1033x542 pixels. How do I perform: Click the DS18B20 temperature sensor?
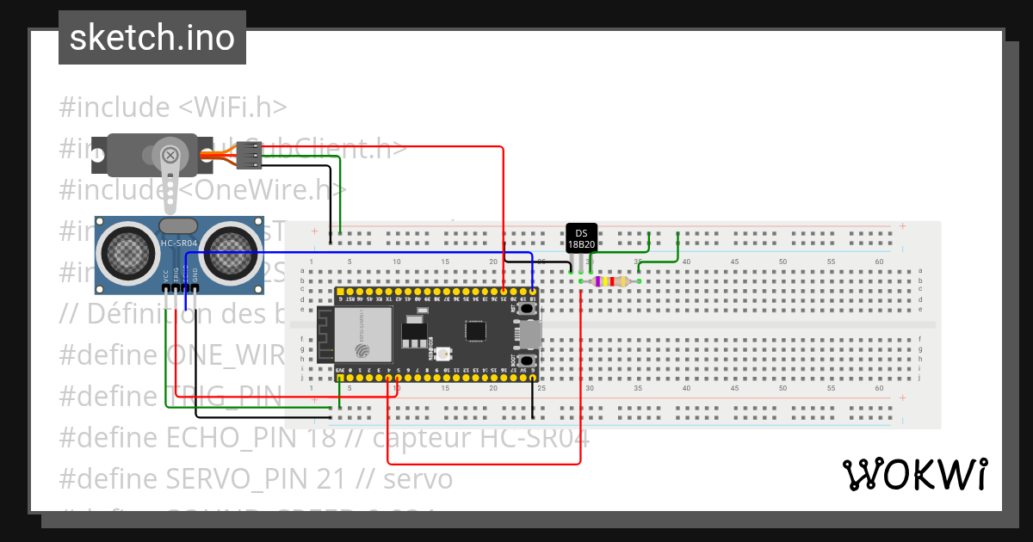(581, 237)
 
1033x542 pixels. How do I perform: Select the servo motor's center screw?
(170, 156)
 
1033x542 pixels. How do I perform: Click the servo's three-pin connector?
(249, 155)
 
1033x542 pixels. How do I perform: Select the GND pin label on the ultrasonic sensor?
(195, 275)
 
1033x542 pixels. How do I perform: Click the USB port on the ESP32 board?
(530, 333)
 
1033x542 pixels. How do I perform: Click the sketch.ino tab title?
(152, 38)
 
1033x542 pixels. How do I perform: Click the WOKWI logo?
(914, 474)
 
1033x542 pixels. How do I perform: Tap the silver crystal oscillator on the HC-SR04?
(179, 225)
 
